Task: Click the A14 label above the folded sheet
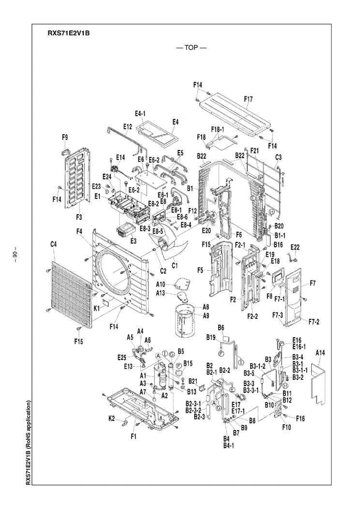tap(320, 354)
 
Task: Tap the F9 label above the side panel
tap(65, 138)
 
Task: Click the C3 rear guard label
tap(278, 157)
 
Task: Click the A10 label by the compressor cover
tap(161, 284)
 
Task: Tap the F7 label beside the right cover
tap(312, 283)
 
